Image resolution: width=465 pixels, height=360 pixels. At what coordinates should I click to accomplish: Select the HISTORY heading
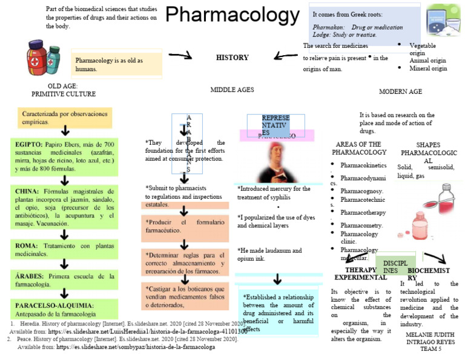[232, 58]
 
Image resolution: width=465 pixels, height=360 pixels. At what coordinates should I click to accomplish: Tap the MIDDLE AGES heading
[232, 90]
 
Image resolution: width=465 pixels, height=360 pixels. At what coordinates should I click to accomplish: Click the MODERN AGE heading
[400, 92]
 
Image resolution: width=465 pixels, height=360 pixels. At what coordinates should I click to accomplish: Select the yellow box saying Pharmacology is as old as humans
[116, 64]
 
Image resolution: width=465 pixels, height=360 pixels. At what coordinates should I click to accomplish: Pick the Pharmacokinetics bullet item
[363, 165]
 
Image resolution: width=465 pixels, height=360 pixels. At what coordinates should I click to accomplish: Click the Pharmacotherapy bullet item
[363, 213]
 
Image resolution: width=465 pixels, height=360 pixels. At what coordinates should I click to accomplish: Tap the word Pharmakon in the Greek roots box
[328, 27]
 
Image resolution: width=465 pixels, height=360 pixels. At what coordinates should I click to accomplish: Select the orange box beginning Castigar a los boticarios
[186, 296]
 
